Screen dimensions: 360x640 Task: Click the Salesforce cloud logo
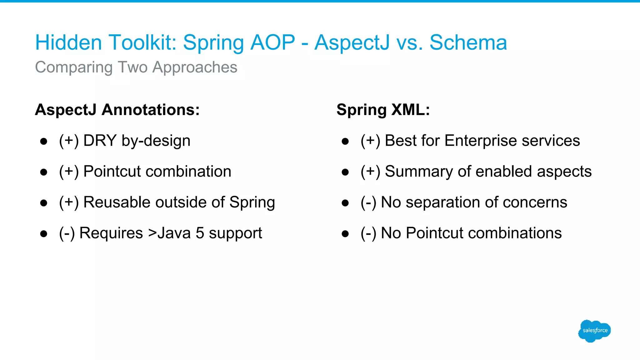(594, 331)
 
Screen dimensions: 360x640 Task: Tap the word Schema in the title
(468, 42)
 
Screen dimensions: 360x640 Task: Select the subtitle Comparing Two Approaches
(136, 67)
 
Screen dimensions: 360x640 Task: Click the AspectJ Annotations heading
(117, 110)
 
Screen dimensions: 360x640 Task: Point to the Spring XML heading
(383, 110)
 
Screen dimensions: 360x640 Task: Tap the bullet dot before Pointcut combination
(44, 172)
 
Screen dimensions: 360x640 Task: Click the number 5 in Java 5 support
(200, 233)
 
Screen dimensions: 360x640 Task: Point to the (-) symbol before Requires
(67, 233)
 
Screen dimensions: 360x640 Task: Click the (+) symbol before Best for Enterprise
(370, 141)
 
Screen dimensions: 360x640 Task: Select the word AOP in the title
(272, 42)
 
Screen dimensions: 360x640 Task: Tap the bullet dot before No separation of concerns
(345, 203)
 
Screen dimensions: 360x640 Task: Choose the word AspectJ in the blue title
(352, 42)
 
